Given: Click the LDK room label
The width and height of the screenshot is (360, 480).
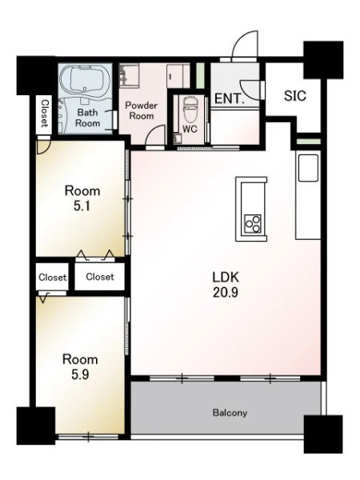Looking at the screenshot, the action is (x=226, y=277).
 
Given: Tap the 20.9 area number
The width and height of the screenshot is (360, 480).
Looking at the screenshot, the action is (x=226, y=293).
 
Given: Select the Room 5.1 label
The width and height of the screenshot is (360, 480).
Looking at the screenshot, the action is (x=82, y=198).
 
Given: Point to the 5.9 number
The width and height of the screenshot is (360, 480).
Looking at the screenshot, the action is (x=80, y=374).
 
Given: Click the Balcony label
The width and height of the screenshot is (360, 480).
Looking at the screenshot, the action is (x=230, y=413).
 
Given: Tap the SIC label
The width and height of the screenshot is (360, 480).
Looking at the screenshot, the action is (x=294, y=96).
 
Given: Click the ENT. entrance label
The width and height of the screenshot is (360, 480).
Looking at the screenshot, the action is (x=230, y=98).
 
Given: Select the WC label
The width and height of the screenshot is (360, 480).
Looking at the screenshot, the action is (x=190, y=129).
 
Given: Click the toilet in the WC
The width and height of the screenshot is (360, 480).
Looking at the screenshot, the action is (x=190, y=108).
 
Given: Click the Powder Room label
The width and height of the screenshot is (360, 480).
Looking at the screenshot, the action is (x=141, y=110).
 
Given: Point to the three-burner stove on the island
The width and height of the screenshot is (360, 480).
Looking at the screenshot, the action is (x=253, y=224).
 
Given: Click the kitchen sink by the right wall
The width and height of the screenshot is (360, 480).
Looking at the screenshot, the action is (x=308, y=168).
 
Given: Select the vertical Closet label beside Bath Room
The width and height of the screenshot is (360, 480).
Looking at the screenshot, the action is (x=45, y=114).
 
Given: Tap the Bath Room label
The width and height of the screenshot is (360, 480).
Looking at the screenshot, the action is (x=87, y=118).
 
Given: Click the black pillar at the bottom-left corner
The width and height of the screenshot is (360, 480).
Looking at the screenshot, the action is (x=36, y=426).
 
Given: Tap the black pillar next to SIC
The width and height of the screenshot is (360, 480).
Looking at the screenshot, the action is (x=323, y=60).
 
